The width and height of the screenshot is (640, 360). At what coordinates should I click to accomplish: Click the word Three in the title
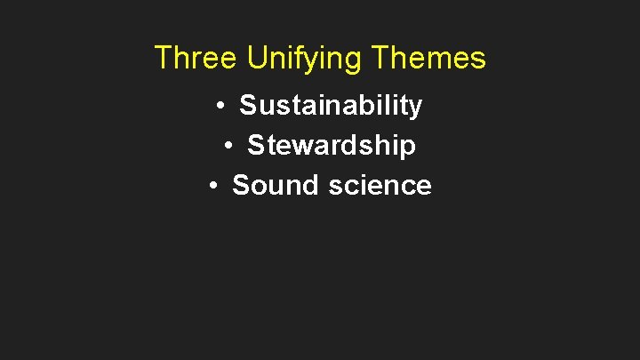coord(196,59)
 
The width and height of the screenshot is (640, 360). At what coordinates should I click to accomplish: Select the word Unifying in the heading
coord(304,59)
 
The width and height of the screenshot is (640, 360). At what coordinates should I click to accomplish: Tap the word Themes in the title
coord(428,59)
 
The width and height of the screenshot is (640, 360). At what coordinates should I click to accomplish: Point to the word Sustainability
coord(331,106)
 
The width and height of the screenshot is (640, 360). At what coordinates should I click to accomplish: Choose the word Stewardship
coord(331,145)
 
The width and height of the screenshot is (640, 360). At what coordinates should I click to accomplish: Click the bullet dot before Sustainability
coord(220,107)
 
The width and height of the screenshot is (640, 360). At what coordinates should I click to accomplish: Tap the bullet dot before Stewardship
coord(228,146)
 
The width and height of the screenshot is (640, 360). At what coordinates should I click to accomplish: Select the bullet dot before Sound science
coord(212,186)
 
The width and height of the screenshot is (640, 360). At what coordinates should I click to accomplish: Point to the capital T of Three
coord(163,59)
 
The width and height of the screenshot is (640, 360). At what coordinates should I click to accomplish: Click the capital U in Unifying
coord(257,59)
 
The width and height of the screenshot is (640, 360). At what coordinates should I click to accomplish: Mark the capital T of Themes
coord(380,59)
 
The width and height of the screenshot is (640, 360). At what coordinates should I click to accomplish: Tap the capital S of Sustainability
coord(248,106)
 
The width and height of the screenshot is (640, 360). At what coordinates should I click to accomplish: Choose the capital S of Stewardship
coord(256,145)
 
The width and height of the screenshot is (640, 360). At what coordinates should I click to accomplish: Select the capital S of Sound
coord(241,185)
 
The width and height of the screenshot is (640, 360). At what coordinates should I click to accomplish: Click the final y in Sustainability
coord(416,108)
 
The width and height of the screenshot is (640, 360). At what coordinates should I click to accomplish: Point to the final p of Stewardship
coord(408,147)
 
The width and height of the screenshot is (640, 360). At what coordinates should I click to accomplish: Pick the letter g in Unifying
coord(353,61)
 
